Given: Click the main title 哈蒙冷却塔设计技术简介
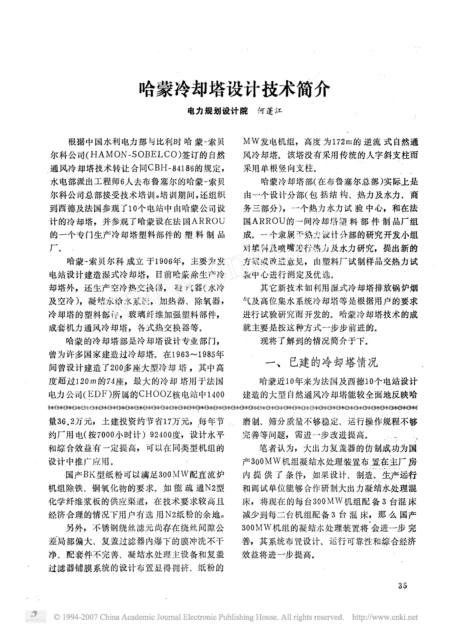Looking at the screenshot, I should click(234, 90).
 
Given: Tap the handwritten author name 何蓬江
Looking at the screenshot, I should click(269, 111).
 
